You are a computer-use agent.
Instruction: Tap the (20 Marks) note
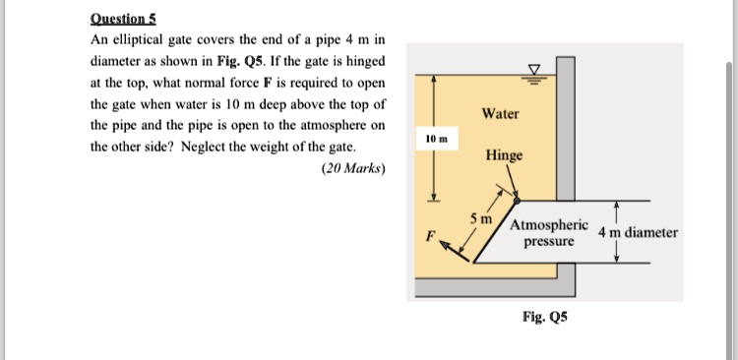[354, 168]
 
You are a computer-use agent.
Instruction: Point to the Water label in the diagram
[501, 114]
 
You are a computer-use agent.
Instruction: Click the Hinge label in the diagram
[504, 156]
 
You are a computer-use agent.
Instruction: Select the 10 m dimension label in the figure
[436, 142]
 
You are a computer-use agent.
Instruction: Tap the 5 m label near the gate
[480, 216]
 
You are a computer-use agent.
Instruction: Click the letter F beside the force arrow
[428, 236]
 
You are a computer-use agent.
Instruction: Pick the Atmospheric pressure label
[549, 231]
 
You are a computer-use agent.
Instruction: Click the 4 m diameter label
[638, 233]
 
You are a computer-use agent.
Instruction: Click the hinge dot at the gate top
[517, 200]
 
